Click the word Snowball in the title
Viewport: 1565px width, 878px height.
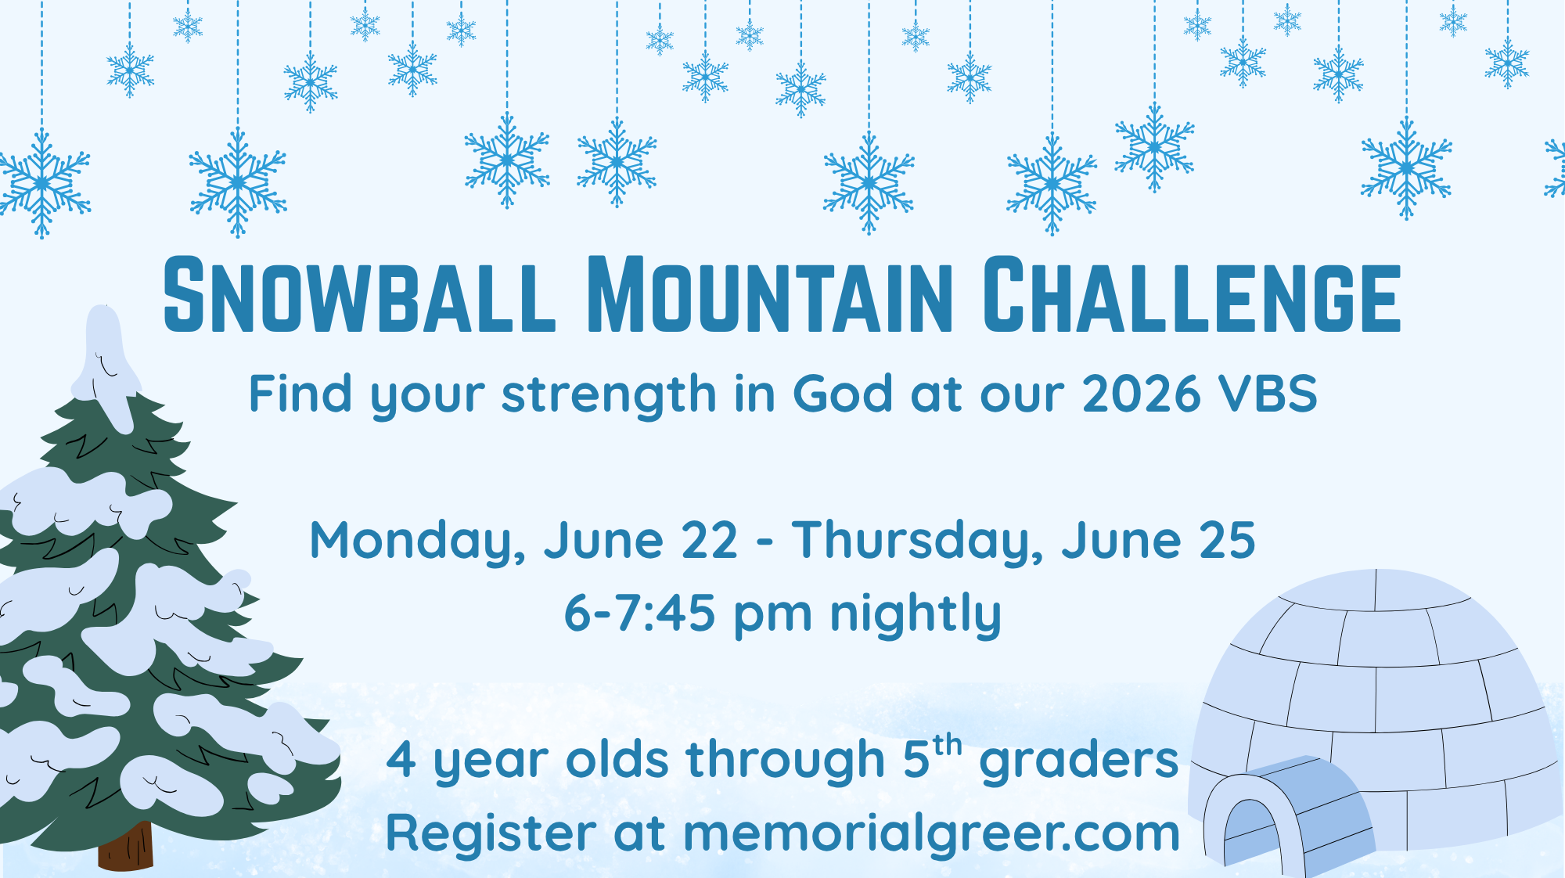click(358, 296)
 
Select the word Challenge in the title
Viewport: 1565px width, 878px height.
click(1191, 296)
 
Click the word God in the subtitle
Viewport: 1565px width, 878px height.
click(842, 394)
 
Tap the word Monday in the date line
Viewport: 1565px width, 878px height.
click(416, 542)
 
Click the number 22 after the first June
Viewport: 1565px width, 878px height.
click(710, 542)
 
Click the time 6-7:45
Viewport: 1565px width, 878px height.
click(639, 613)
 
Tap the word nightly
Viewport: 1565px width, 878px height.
click(916, 614)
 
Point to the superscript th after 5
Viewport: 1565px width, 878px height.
click(947, 746)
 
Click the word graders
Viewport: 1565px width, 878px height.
click(1079, 761)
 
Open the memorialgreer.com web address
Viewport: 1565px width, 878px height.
click(931, 834)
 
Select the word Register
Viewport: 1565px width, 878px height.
click(491, 834)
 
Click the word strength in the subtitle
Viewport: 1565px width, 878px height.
click(609, 394)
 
